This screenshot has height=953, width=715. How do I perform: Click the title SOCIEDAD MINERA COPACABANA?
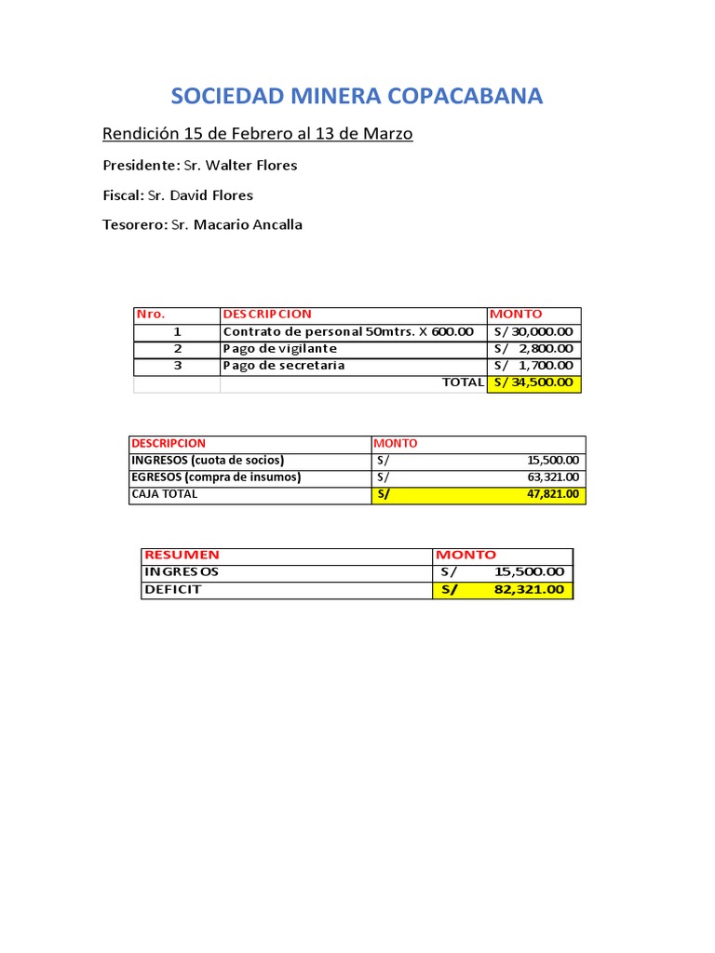(x=357, y=96)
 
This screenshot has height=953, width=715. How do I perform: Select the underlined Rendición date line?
(x=257, y=134)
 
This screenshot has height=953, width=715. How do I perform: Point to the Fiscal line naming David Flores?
(x=178, y=195)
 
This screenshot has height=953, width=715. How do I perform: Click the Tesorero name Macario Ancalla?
(x=236, y=225)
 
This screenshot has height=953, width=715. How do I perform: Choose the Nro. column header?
(x=151, y=315)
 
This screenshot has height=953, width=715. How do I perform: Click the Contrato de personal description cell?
(x=348, y=331)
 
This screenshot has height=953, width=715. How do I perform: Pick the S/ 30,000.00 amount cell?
(x=533, y=331)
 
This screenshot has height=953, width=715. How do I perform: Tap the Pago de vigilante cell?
(x=279, y=348)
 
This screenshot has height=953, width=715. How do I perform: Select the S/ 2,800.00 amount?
(x=533, y=348)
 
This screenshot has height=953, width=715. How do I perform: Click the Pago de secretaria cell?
(x=283, y=365)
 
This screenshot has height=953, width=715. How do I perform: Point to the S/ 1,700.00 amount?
(x=533, y=365)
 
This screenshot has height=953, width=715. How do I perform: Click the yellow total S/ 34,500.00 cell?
(x=533, y=383)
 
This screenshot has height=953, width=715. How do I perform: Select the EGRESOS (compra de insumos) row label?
(x=216, y=477)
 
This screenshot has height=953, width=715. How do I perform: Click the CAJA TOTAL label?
(x=165, y=494)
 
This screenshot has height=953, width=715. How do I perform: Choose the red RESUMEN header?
(x=182, y=555)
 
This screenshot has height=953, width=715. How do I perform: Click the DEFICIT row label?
(x=172, y=589)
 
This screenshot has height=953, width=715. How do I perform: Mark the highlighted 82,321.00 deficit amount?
(x=529, y=589)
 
